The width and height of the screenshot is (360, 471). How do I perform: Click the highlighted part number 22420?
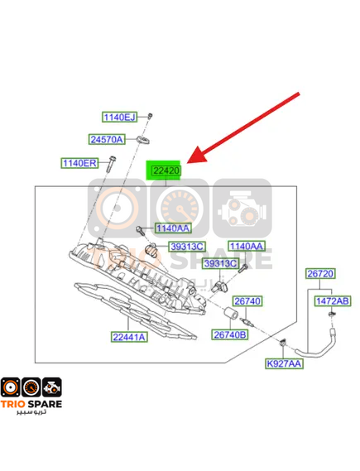coord(166,171)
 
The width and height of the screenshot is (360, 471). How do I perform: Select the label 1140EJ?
coord(119,117)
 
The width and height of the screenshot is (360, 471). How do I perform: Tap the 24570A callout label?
coord(107,139)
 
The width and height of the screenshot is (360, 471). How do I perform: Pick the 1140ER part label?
coord(79,163)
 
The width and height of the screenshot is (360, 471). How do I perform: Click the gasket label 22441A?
coord(129,337)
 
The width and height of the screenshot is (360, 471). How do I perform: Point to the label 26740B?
coord(230,334)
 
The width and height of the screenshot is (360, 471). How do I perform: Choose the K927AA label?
coord(284,363)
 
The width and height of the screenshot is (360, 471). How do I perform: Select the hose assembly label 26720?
coord(320,274)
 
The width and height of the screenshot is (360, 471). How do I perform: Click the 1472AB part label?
coord(333,301)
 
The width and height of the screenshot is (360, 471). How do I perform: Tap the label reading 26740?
coord(247,301)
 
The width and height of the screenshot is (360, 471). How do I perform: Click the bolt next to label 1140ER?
coord(111,164)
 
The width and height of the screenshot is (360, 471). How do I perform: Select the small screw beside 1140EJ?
coord(150,116)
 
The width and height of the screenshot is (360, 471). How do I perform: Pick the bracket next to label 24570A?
coord(142,140)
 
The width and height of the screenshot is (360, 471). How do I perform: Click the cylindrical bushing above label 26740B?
coord(231,313)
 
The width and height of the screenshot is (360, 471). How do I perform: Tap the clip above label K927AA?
coord(282,343)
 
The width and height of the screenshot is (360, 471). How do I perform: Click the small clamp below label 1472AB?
coord(332,315)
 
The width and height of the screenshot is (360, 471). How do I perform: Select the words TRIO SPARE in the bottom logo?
coord(31,404)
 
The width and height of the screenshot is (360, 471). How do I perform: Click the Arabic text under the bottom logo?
coord(31,412)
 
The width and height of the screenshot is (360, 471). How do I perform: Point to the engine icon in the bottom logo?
coord(52,387)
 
